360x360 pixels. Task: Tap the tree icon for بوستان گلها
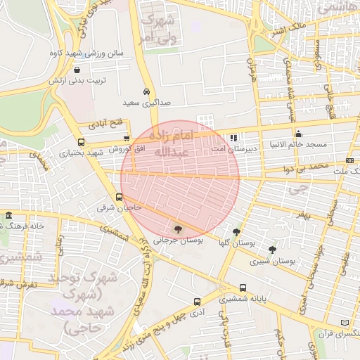236,231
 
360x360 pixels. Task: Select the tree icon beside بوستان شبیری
272,250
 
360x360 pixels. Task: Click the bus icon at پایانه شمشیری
243,288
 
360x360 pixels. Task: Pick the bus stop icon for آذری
197,300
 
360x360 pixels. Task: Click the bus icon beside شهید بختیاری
81,143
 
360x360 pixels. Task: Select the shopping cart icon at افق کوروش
127,139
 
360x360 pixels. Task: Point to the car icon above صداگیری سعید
146,92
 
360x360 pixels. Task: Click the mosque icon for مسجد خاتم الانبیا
299,134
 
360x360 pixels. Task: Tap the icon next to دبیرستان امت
233,138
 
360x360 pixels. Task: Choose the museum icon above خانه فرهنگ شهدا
8,215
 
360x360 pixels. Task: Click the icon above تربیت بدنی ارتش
77,70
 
